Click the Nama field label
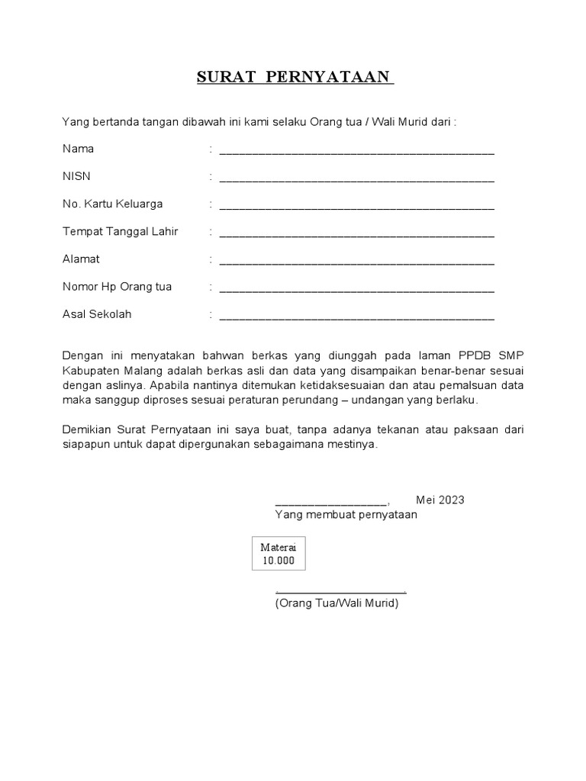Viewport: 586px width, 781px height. pos(78,149)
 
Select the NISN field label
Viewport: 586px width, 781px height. pos(76,176)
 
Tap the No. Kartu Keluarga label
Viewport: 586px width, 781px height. pos(112,204)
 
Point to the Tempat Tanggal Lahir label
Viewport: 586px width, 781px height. pos(120,232)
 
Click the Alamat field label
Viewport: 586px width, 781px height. pos(81,259)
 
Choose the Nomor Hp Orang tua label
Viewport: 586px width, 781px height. pos(117,287)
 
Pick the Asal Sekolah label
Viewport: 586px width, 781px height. pos(97,314)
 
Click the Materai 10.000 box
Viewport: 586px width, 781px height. pos(278,554)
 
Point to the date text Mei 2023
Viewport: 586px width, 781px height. pos(439,500)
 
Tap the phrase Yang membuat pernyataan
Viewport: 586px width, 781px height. pos(346,515)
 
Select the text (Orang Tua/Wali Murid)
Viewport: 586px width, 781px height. pos(336,603)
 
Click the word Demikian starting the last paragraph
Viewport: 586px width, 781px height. pos(85,430)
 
